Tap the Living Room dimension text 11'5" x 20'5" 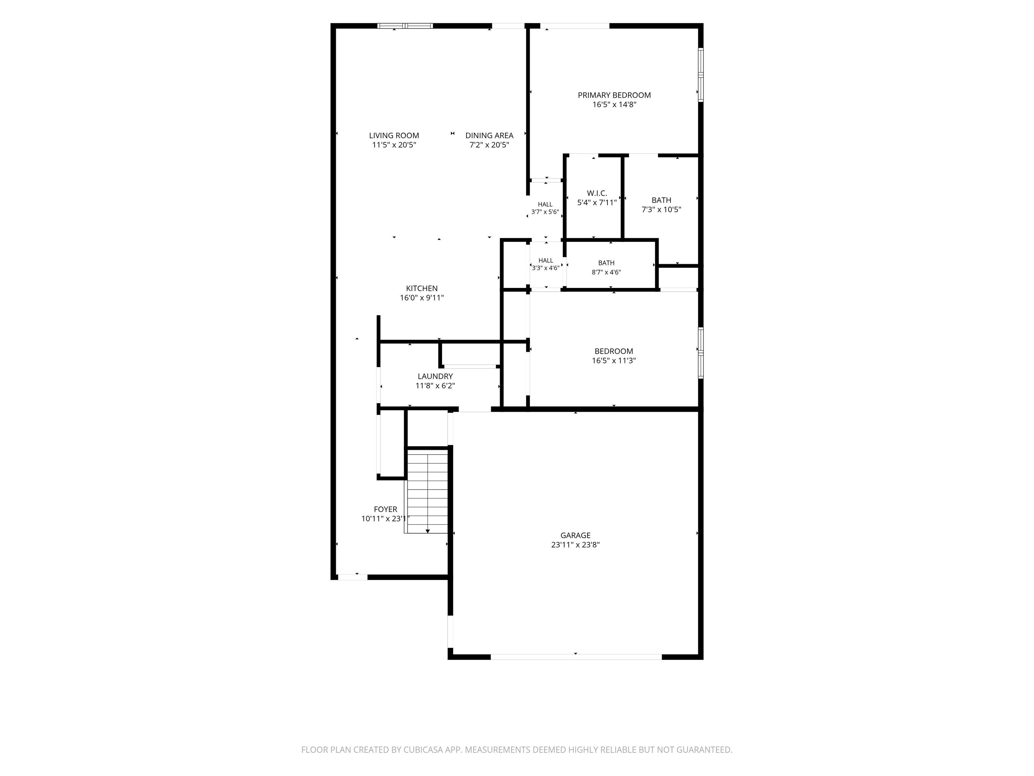coord(394,145)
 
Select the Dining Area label coord(489,135)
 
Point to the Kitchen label coord(422,288)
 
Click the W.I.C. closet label coord(597,193)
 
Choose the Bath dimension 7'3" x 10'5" coord(661,209)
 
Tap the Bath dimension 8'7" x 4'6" coord(606,272)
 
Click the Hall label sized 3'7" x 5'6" coord(545,204)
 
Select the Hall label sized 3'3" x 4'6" coord(546,261)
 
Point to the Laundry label coord(435,376)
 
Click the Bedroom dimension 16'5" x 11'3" coord(614,361)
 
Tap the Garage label coord(576,535)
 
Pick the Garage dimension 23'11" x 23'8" coord(576,545)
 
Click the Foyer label coord(386,509)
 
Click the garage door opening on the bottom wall coord(576,657)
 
